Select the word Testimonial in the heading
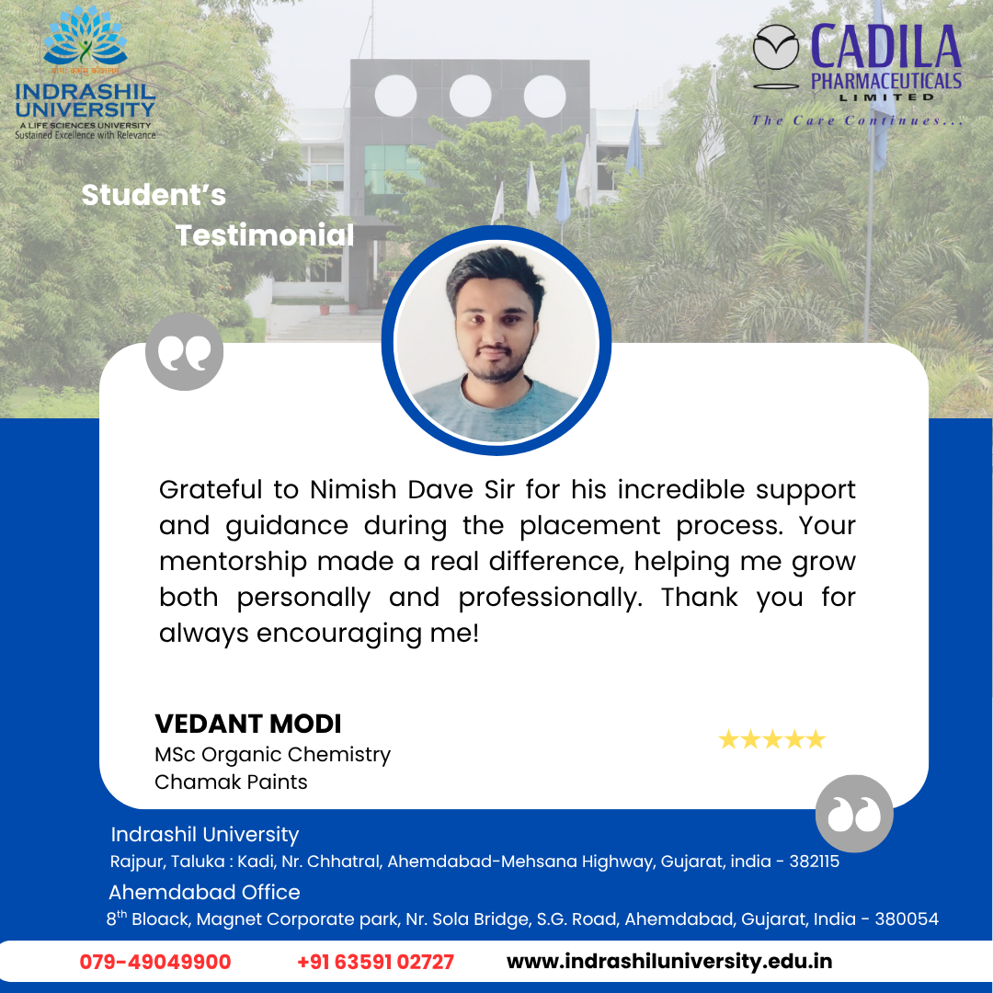point(265,235)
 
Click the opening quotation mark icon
point(184,351)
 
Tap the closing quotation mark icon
point(854,813)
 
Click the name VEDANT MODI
point(248,724)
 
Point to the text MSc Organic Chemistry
point(273,755)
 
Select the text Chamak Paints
point(231,782)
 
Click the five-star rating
point(772,739)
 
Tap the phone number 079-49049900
point(155,962)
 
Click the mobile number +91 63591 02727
point(375,962)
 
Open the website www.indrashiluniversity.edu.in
point(669,962)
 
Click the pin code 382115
point(815,862)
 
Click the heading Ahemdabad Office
point(204,892)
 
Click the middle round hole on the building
point(470,96)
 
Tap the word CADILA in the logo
point(886,47)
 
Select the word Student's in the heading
point(154,195)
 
